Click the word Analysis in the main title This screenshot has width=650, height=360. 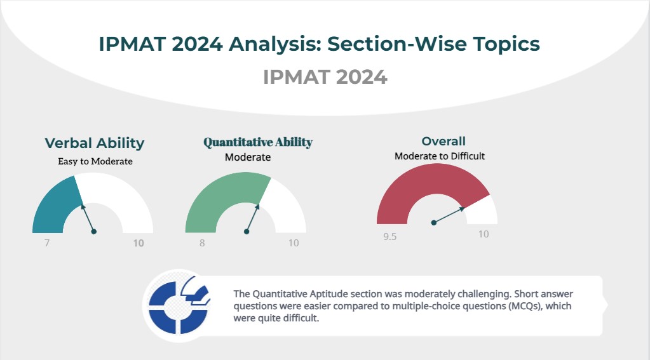[x=275, y=44]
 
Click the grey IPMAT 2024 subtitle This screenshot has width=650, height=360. [x=325, y=77]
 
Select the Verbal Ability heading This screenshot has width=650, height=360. [x=95, y=143]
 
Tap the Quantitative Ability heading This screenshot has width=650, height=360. [x=258, y=142]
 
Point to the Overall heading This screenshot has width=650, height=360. [x=443, y=141]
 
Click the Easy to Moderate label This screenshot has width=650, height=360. [x=95, y=161]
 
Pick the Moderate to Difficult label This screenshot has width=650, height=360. [x=440, y=156]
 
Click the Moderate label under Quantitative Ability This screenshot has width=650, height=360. [x=248, y=157]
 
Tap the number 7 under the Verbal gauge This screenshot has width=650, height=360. [x=47, y=243]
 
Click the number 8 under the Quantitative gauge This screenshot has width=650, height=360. [x=202, y=243]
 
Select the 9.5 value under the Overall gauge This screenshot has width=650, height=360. [x=389, y=237]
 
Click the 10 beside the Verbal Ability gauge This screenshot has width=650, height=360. [x=139, y=243]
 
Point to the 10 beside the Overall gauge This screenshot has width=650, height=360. [x=484, y=234]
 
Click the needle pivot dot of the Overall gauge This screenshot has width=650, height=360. [x=433, y=223]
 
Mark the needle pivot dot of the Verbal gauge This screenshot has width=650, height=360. [x=94, y=232]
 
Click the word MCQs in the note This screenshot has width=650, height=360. [x=525, y=306]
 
